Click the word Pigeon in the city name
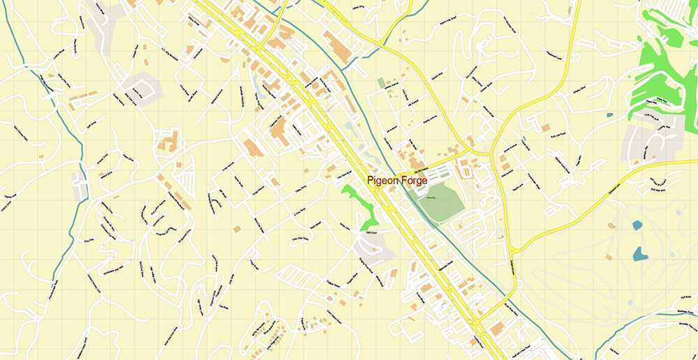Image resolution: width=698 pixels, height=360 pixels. click(383, 181)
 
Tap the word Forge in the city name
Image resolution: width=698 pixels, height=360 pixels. click(414, 181)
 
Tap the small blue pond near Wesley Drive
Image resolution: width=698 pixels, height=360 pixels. click(610, 114)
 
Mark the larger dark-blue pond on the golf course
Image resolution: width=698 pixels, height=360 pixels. click(639, 253)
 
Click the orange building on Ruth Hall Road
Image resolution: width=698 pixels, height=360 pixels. click(545, 128)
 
